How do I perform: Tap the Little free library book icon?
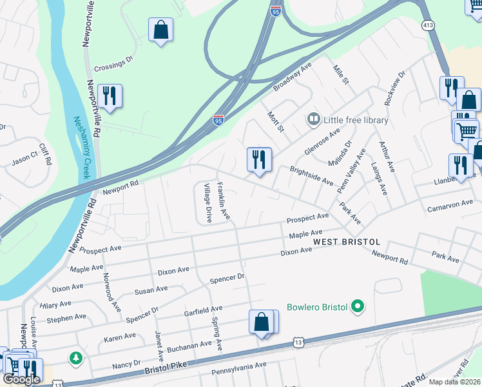coord(313,119)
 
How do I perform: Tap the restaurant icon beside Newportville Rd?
coord(110,96)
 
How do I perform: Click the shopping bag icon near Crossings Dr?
coord(160,30)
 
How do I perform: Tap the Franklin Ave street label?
coord(223,201)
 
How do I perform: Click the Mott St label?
coord(276,121)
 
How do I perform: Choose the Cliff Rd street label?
coord(45,154)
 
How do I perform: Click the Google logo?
coord(22,379)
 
